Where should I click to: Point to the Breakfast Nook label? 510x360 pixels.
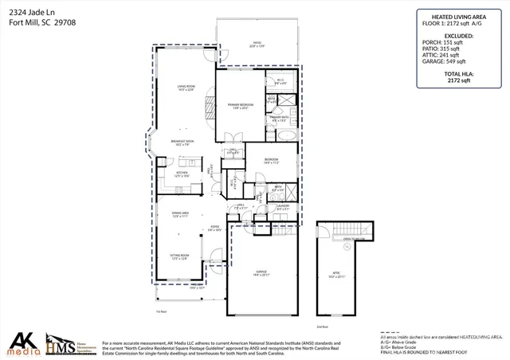[x=184, y=143]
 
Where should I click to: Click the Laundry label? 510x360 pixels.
[x=282, y=207]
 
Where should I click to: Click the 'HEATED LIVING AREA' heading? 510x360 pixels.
[x=458, y=15]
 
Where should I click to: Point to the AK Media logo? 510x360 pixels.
[x=22, y=342]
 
